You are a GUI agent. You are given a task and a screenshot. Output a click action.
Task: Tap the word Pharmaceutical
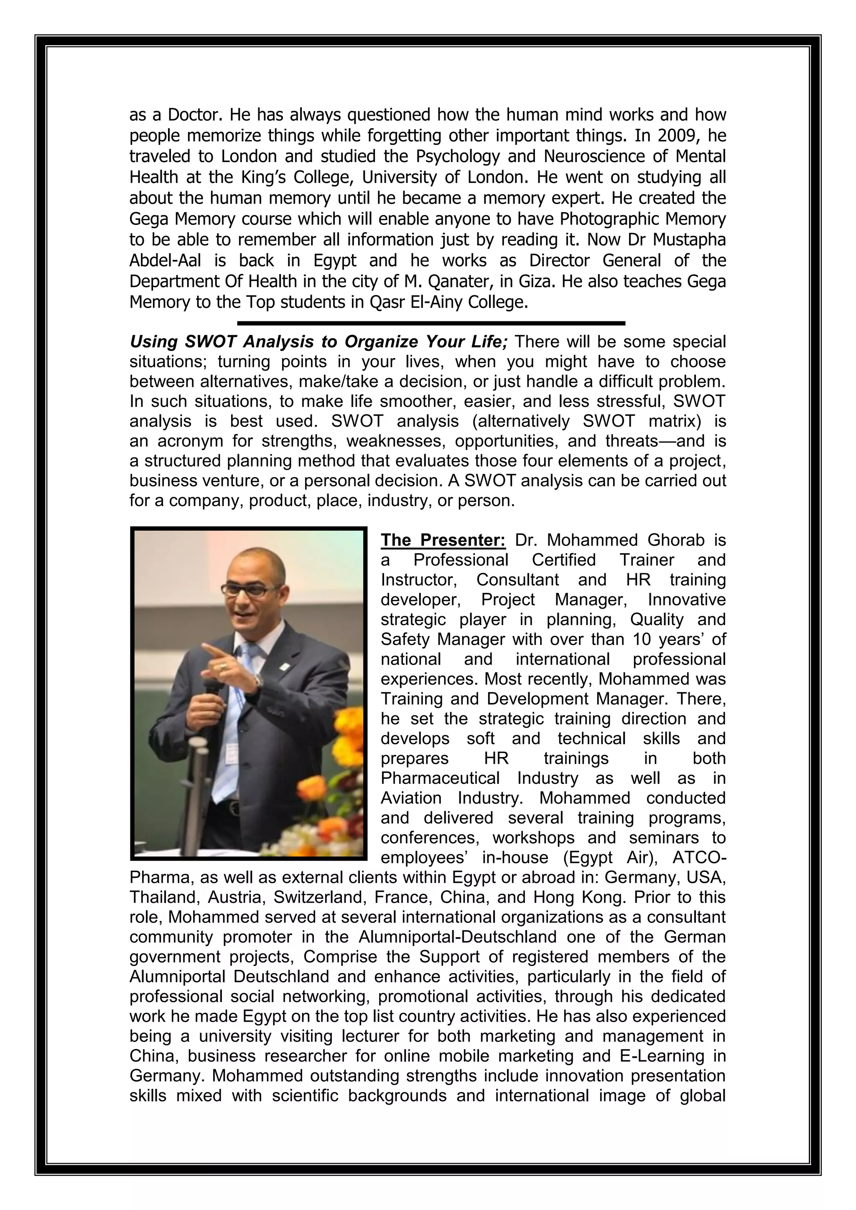[x=440, y=778]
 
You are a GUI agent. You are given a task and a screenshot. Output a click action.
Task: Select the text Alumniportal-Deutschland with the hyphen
[x=458, y=937]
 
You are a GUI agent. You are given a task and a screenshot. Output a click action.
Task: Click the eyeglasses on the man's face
[x=252, y=590]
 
